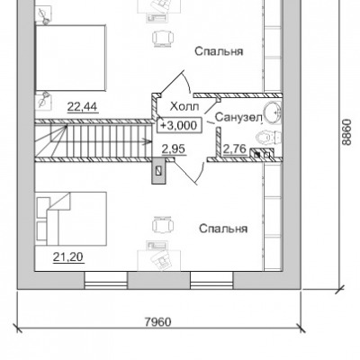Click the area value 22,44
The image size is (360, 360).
(83, 106)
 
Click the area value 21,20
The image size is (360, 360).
(68, 256)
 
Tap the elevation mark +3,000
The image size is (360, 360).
(178, 125)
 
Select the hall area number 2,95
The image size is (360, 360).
(174, 148)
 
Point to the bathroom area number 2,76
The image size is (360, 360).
(235, 148)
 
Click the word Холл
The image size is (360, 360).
(184, 106)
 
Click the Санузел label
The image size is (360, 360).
(238, 117)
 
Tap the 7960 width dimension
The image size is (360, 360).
(157, 322)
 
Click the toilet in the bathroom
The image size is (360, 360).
(267, 138)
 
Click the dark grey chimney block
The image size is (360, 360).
(159, 171)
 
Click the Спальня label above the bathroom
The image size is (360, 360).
(219, 51)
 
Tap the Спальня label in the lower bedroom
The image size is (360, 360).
(223, 229)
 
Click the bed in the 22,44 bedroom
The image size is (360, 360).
(71, 58)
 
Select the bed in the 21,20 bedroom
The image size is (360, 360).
(71, 219)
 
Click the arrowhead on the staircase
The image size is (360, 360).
(148, 139)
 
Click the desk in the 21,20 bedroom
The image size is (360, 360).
(159, 260)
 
